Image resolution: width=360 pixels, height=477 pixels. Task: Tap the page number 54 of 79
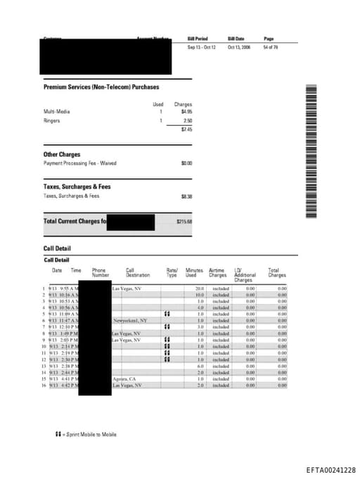point(270,48)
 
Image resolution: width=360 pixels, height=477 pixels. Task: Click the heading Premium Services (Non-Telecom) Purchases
point(101,87)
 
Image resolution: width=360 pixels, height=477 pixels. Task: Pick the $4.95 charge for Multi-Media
point(186,111)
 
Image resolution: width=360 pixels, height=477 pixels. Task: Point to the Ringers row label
point(52,120)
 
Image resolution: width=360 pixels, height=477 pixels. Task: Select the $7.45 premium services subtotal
point(186,129)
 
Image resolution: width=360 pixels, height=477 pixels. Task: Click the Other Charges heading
point(62,154)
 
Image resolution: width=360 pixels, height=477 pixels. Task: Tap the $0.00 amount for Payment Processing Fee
point(186,163)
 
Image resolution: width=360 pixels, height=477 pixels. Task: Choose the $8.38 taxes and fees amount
point(186,196)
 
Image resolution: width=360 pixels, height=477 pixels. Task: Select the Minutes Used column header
point(194,272)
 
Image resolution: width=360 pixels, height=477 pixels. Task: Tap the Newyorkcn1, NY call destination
point(130,320)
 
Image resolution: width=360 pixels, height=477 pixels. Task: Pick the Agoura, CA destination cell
point(123,379)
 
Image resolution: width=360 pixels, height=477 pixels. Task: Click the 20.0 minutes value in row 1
point(199,288)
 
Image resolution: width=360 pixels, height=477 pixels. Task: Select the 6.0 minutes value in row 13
point(200,367)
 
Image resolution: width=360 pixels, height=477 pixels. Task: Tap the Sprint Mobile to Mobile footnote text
point(82,434)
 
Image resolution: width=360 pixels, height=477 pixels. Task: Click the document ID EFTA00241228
point(330,469)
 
